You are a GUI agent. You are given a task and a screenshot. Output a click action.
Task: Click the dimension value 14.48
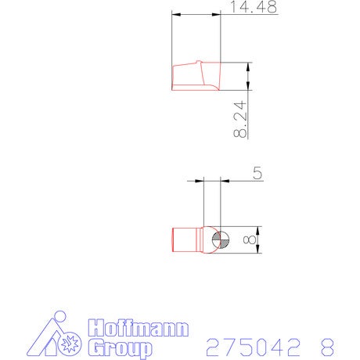click(x=254, y=7)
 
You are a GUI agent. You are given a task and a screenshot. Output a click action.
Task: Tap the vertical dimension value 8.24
click(x=240, y=119)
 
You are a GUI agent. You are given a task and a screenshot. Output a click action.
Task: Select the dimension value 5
click(x=257, y=173)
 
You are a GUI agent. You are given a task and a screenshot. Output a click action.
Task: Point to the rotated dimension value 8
click(x=250, y=239)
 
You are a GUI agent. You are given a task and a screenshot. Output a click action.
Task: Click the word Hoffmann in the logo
click(x=139, y=328)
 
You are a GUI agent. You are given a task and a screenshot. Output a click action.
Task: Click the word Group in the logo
click(x=120, y=348)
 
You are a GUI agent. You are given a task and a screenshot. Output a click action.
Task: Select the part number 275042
click(x=253, y=347)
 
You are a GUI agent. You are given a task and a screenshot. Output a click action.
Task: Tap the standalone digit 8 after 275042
click(x=327, y=347)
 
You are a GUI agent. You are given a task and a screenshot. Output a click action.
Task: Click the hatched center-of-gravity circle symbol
click(x=221, y=239)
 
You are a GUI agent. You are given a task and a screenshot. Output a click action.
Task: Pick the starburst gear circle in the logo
click(x=70, y=344)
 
